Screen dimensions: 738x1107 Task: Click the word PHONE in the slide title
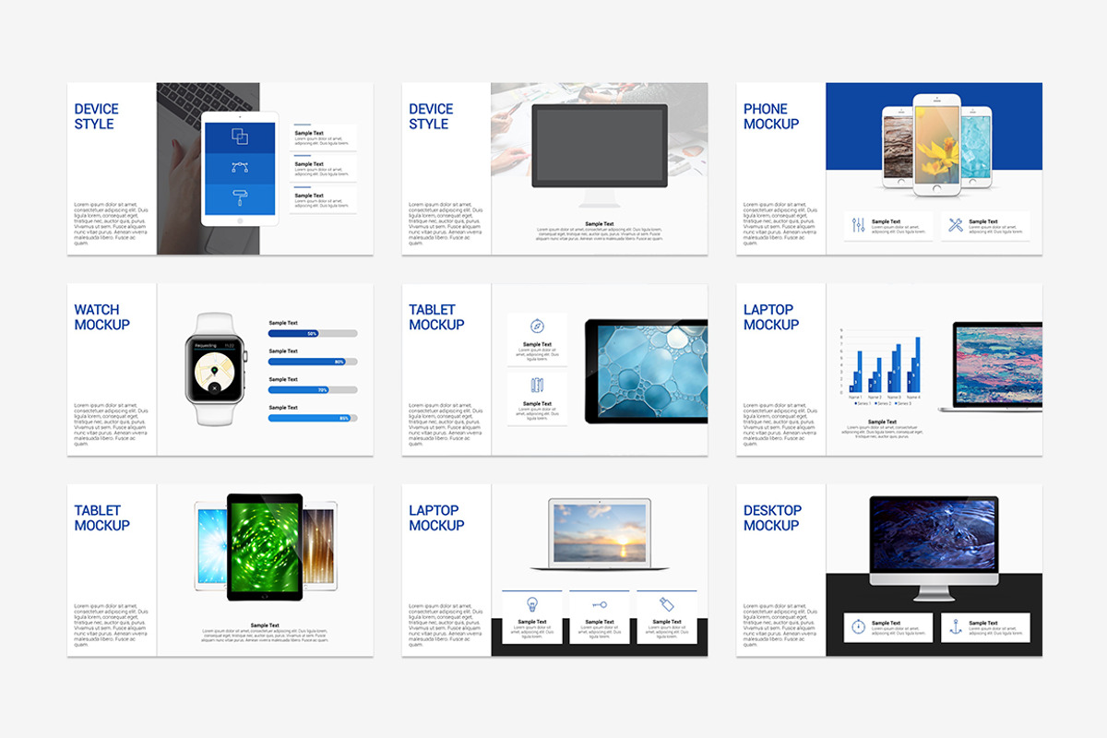(x=766, y=109)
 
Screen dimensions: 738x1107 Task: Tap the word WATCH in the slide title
(x=97, y=310)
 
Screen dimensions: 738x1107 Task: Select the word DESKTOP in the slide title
(x=772, y=510)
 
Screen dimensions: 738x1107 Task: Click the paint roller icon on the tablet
(x=239, y=198)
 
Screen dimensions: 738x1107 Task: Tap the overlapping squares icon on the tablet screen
(x=239, y=137)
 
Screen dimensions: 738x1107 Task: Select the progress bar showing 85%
(x=313, y=418)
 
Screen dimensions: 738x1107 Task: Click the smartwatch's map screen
(x=216, y=369)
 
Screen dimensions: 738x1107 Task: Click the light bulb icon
(x=531, y=604)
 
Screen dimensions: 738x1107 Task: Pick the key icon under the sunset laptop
(x=600, y=604)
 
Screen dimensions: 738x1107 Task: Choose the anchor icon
(x=956, y=626)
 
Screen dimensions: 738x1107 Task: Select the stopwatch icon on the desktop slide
(x=858, y=626)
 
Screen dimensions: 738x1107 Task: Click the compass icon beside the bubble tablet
(x=537, y=326)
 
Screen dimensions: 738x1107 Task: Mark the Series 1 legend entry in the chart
(x=862, y=403)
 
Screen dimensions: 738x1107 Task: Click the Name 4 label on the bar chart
(x=913, y=397)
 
